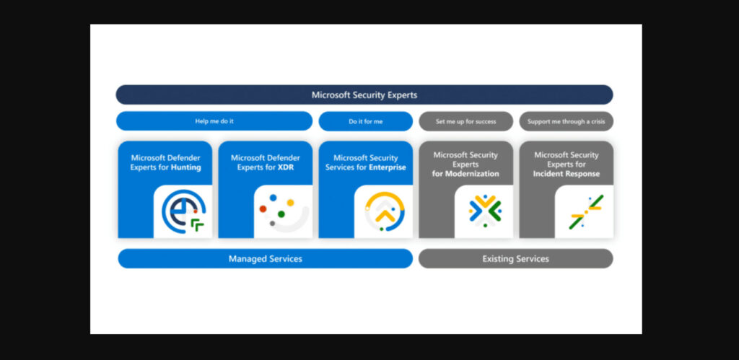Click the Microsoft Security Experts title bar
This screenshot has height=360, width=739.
tap(364, 95)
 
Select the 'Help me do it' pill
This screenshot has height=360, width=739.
tap(214, 121)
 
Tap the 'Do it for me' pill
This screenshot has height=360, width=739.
tap(365, 121)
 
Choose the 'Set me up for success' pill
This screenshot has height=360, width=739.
tap(465, 121)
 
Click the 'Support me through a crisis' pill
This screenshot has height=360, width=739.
tap(566, 121)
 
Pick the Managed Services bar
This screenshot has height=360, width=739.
tap(265, 258)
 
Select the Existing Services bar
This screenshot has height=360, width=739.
tap(515, 258)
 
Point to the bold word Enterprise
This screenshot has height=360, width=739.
tap(387, 167)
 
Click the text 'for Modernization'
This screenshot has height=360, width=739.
tap(465, 174)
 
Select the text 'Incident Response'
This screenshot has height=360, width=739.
tap(566, 174)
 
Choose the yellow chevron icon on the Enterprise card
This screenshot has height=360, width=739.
tap(384, 211)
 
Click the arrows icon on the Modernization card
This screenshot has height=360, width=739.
tap(484, 211)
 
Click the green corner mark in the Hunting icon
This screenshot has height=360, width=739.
tap(197, 226)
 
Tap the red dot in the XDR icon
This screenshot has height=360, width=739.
tap(263, 209)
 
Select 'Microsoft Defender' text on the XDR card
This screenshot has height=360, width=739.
tap(265, 157)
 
